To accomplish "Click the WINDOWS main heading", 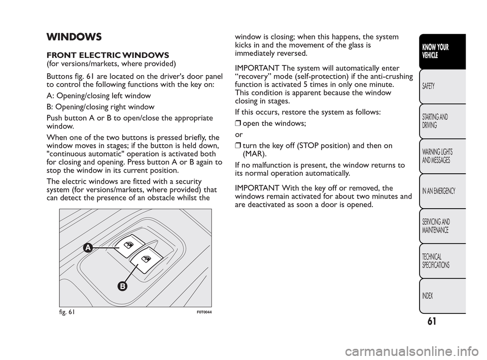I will pos(74,37).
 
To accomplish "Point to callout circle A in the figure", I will pos(88,247).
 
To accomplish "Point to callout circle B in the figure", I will pos(122,287).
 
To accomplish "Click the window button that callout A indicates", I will pos(129,246).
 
